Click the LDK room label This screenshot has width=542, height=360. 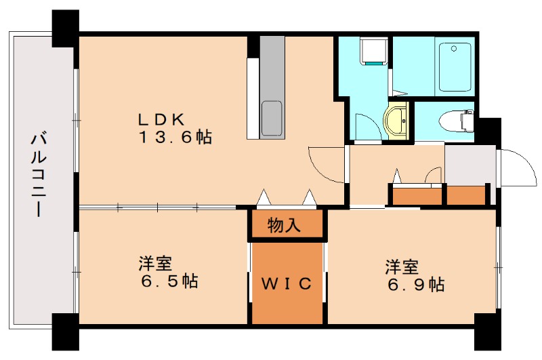tap(161, 119)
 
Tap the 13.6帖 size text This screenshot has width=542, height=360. tap(175, 138)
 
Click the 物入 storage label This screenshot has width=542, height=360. tap(285, 225)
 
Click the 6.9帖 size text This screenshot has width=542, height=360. tap(415, 285)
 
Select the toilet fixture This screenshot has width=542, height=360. tap(457, 121)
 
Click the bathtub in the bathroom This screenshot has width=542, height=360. tap(455, 66)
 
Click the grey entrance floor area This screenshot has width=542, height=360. tap(470, 164)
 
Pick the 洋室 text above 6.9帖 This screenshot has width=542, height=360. tap(402, 266)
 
